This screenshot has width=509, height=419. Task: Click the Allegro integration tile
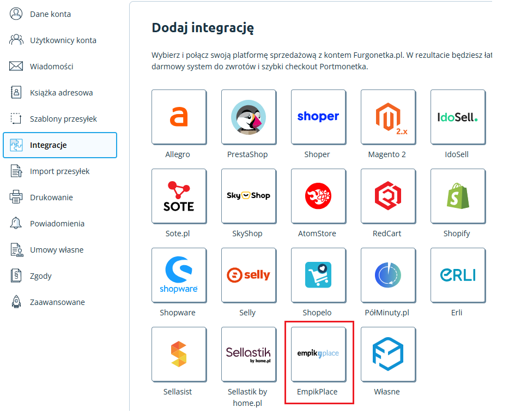[x=179, y=117]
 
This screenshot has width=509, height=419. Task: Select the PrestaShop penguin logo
[x=249, y=117]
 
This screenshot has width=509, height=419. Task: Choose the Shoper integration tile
[x=318, y=117]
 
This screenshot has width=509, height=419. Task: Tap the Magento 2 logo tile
[x=388, y=117]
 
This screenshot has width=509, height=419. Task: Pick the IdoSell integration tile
[x=458, y=117]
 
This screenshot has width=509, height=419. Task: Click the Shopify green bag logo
[x=458, y=196]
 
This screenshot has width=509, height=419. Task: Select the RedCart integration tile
[x=388, y=196]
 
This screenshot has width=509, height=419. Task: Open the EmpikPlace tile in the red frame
[x=318, y=354]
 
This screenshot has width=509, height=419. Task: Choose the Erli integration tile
[x=458, y=275]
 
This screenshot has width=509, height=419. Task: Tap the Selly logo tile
[x=249, y=275]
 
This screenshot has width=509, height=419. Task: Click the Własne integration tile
[x=388, y=354]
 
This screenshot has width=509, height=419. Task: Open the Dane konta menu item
[x=50, y=14]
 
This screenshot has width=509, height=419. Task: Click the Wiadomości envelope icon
[x=16, y=67]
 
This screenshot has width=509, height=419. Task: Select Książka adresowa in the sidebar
[x=61, y=93]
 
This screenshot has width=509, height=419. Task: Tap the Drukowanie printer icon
[x=16, y=197]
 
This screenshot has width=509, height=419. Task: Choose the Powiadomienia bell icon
[x=16, y=224]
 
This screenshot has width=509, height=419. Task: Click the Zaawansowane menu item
[x=57, y=302]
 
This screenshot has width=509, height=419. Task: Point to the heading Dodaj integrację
[x=203, y=27]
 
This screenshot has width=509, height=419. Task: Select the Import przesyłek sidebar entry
[x=59, y=171]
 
